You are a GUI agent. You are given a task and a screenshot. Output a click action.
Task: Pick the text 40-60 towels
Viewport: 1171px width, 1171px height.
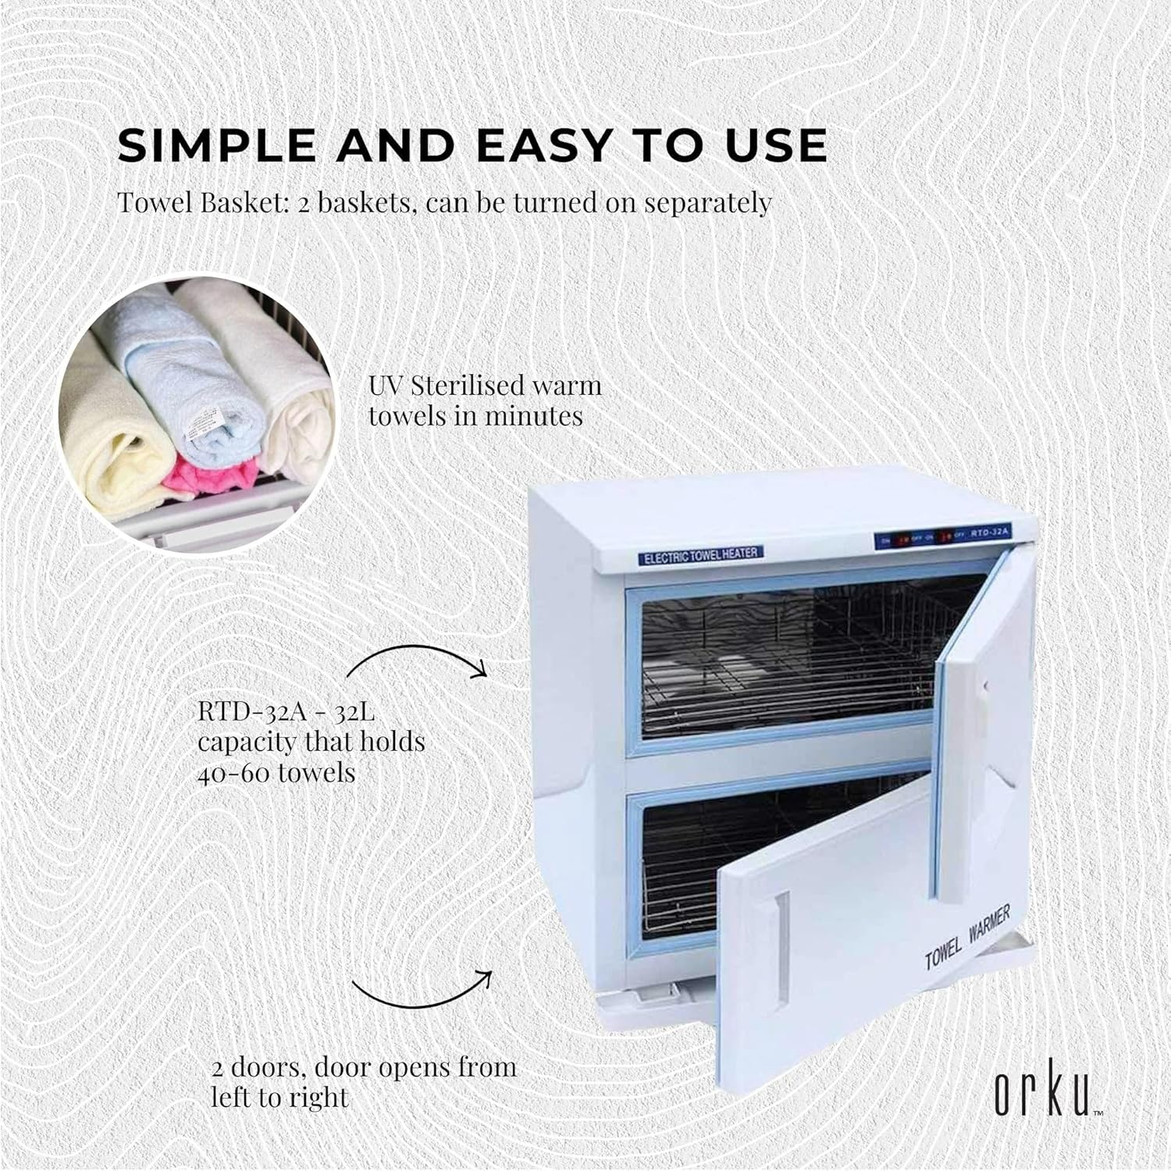[x=276, y=773]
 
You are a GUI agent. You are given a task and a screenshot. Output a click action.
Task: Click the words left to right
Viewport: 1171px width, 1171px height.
[x=279, y=1097]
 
